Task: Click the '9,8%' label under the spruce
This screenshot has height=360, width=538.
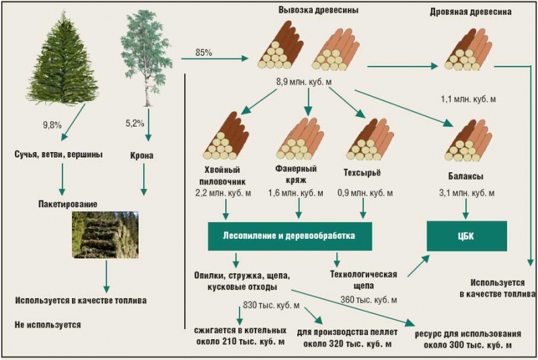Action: (x=52, y=124)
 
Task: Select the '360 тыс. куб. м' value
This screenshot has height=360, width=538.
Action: (x=369, y=299)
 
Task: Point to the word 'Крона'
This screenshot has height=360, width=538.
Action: (x=142, y=156)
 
